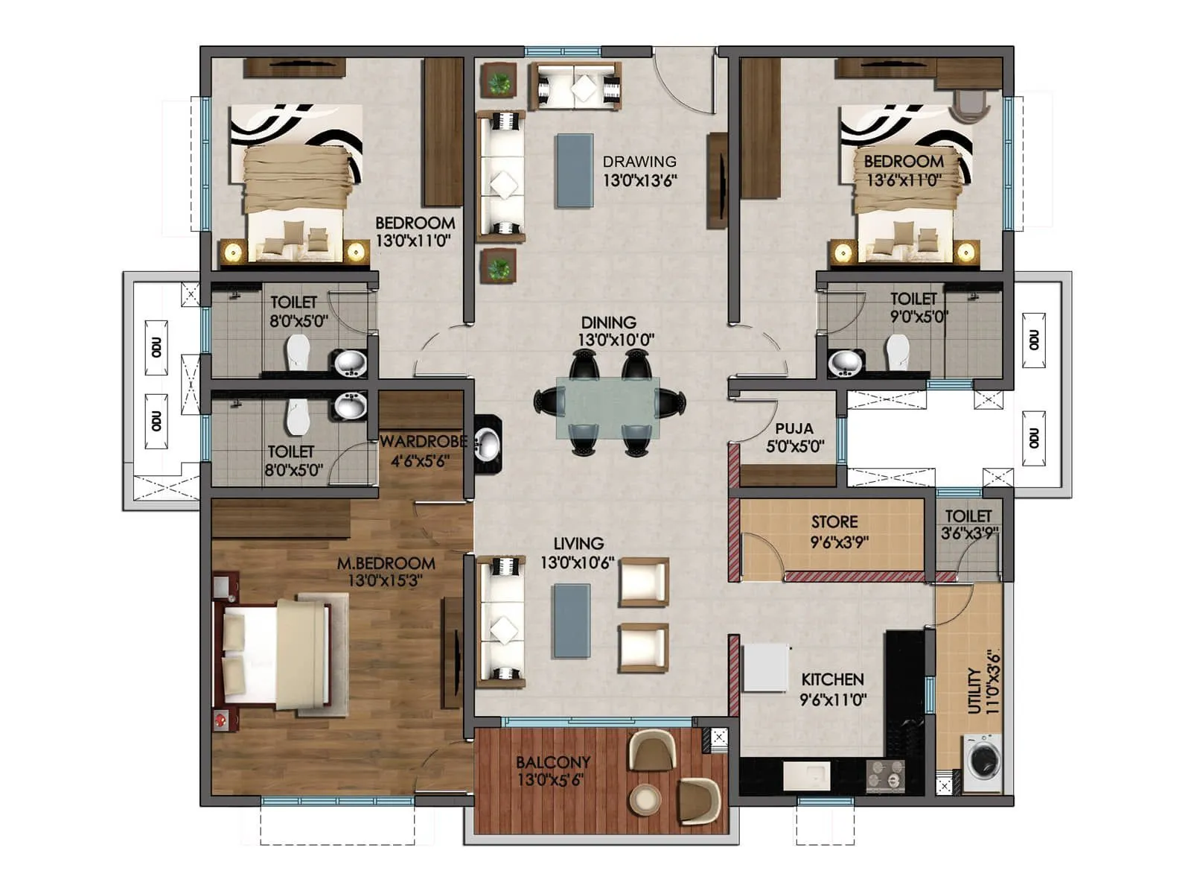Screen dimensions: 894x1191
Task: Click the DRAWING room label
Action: tap(639, 162)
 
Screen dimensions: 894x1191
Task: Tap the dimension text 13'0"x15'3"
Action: tap(386, 581)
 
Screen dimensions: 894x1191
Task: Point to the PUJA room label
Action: tap(794, 429)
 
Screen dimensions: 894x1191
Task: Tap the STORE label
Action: tap(834, 521)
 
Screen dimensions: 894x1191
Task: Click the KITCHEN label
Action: tap(832, 679)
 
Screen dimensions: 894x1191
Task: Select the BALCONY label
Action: tap(553, 762)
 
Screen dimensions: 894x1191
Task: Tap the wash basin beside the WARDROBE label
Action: tap(488, 445)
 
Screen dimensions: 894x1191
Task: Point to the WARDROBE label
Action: tap(423, 442)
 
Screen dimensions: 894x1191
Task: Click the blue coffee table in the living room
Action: tap(571, 621)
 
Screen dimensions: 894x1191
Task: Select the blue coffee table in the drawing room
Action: tap(575, 171)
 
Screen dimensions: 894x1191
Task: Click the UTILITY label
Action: tap(974, 691)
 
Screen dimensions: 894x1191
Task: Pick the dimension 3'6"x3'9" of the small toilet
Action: tap(969, 533)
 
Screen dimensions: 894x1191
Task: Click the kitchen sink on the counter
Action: tap(807, 775)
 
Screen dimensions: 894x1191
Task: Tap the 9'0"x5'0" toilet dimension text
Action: tap(919, 317)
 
